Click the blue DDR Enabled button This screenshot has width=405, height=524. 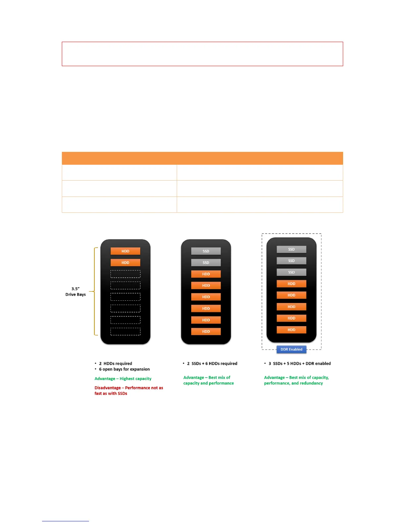[291, 349]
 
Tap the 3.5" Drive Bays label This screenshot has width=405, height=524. [75, 291]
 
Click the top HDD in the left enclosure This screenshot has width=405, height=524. [125, 251]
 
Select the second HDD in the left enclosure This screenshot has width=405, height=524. [125, 263]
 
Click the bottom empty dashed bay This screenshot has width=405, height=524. [125, 331]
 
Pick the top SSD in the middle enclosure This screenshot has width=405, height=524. [206, 251]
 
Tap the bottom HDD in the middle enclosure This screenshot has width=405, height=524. [206, 331]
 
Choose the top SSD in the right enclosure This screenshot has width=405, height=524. [291, 249]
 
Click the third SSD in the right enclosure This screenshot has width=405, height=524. [291, 272]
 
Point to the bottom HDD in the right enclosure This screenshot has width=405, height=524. [291, 330]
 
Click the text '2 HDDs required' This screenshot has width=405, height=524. [115, 364]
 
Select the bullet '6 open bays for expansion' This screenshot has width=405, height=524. [124, 369]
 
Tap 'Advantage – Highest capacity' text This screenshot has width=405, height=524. [123, 379]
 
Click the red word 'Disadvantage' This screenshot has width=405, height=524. [108, 388]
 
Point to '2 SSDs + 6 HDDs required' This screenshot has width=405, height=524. [212, 364]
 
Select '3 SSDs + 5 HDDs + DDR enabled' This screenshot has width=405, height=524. [299, 364]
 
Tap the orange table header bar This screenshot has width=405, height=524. [202, 158]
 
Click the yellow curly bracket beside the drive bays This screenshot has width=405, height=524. [95, 291]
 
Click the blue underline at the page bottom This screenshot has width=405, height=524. [65, 521]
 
